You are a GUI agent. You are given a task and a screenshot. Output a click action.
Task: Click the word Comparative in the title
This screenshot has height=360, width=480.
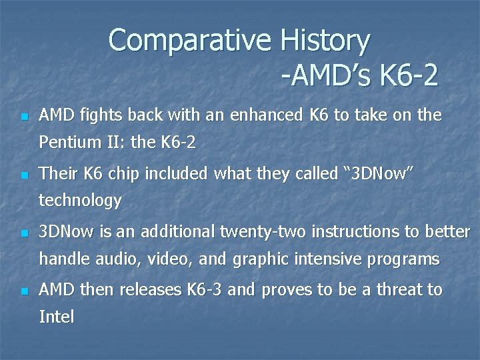pyautogui.click(x=189, y=41)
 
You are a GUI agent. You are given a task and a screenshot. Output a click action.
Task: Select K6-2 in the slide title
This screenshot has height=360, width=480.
pyautogui.click(x=408, y=75)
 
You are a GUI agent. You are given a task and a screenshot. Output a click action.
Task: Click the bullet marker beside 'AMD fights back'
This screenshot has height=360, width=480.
pyautogui.click(x=24, y=117)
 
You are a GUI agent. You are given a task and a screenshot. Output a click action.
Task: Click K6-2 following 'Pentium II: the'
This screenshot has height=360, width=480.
pyautogui.click(x=178, y=143)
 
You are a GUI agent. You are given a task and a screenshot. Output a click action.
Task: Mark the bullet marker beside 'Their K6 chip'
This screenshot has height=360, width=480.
pyautogui.click(x=24, y=176)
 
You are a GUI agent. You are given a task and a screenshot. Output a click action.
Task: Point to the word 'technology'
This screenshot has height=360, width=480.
pyautogui.click(x=81, y=201)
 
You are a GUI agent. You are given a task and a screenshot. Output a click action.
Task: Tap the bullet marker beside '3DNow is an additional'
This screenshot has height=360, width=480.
pyautogui.click(x=24, y=234)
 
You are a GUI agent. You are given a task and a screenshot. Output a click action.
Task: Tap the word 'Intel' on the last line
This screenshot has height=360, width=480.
pyautogui.click(x=57, y=317)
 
